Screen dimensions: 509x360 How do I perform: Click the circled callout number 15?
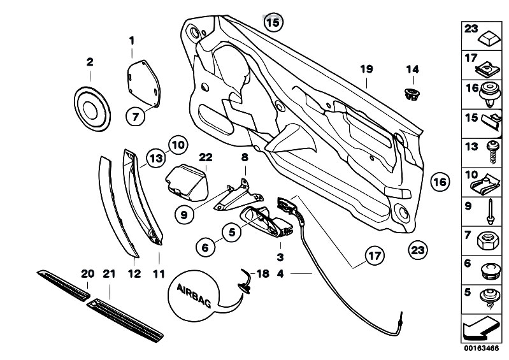point(273,22)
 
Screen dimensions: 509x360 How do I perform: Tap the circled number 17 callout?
point(375,256)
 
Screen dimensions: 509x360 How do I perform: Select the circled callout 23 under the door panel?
point(418,250)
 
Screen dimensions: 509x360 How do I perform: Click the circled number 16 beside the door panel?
point(440,182)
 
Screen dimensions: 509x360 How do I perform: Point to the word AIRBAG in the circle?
point(194,296)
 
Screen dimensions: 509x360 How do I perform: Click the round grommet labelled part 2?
point(92,109)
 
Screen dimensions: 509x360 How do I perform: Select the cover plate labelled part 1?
point(143,83)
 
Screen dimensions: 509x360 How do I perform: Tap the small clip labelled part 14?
point(412,94)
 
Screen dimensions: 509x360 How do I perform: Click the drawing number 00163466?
point(481,349)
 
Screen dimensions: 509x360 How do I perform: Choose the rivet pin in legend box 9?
point(490,212)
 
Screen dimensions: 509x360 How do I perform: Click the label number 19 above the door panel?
point(366,69)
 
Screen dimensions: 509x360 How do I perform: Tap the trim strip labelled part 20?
point(63,285)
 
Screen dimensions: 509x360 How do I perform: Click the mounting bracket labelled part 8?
point(238,196)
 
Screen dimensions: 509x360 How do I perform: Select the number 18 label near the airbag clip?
point(262,273)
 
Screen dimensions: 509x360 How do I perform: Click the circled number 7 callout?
point(136,116)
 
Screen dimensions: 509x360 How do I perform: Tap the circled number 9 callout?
point(184,215)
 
